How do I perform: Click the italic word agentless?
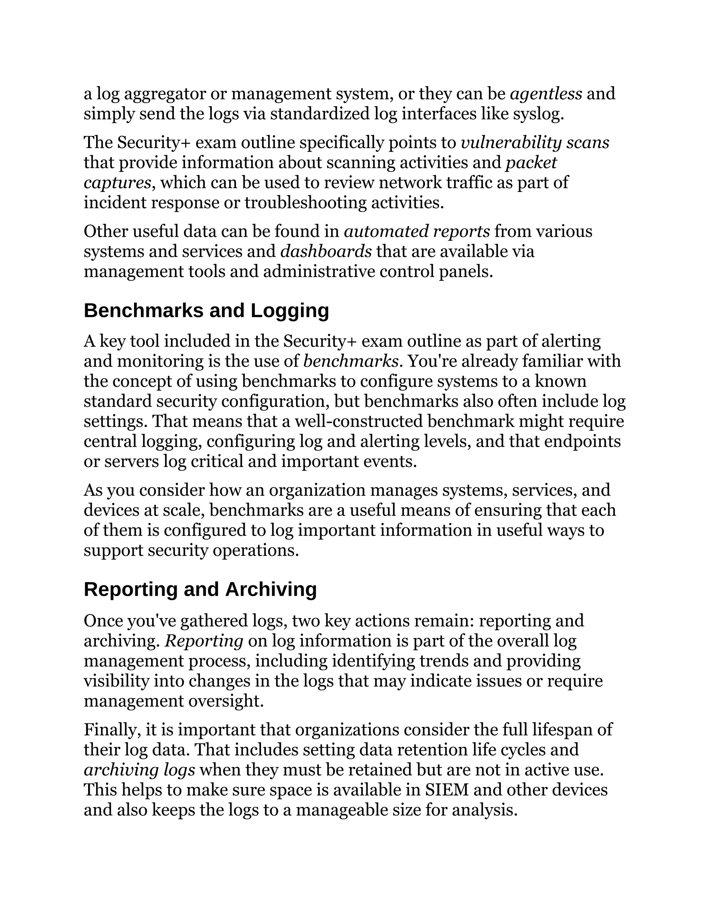point(546,93)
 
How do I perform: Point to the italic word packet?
point(531,162)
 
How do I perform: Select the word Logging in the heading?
point(290,310)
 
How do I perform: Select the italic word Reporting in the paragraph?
point(204,641)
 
